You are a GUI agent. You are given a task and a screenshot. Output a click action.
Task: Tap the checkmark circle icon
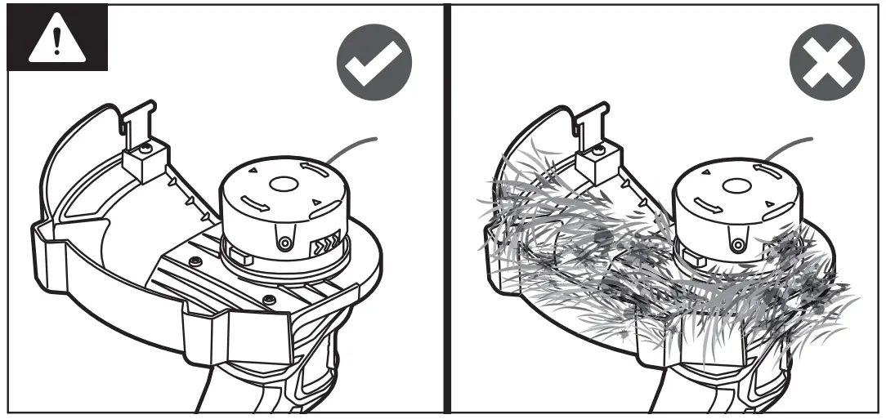pyautogui.click(x=374, y=63)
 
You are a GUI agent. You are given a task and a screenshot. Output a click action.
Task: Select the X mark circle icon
pyautogui.click(x=826, y=63)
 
